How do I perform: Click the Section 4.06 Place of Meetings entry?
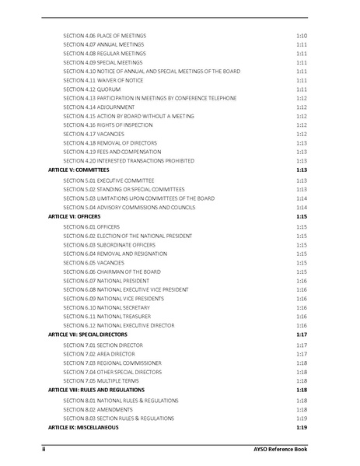[x=104, y=36]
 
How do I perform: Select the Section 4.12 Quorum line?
[x=92, y=89]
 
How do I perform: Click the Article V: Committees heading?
[x=78, y=170]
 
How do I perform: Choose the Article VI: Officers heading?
[x=74, y=216]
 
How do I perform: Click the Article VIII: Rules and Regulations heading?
[x=97, y=390]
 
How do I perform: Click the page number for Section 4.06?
[x=301, y=36]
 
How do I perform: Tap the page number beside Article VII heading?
[x=301, y=334]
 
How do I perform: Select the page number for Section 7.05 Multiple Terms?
[x=301, y=381]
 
